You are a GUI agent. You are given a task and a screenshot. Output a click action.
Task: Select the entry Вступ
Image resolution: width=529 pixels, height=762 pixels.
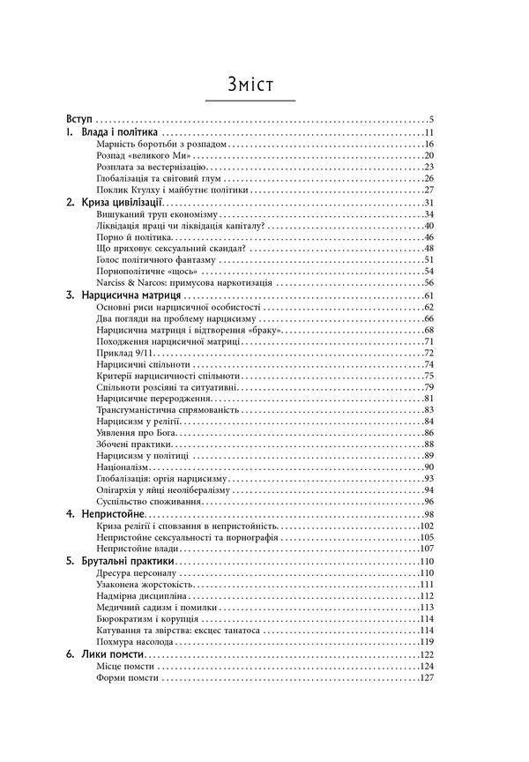point(80,119)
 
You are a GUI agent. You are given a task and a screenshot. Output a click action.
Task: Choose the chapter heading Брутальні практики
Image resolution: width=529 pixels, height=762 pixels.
point(128,561)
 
